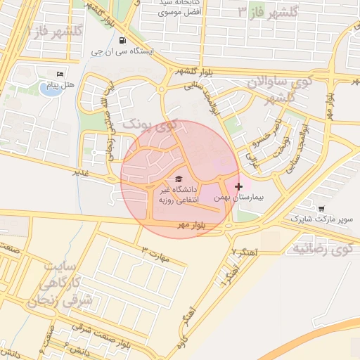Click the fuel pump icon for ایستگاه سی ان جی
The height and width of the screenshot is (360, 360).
(124, 40)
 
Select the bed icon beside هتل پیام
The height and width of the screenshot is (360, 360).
(60, 74)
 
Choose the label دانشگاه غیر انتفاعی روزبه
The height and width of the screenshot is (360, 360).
(178, 195)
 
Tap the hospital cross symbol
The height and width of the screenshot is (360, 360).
(240, 186)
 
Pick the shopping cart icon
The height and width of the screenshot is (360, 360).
(321, 208)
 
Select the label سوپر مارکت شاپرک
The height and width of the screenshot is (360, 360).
(322, 220)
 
